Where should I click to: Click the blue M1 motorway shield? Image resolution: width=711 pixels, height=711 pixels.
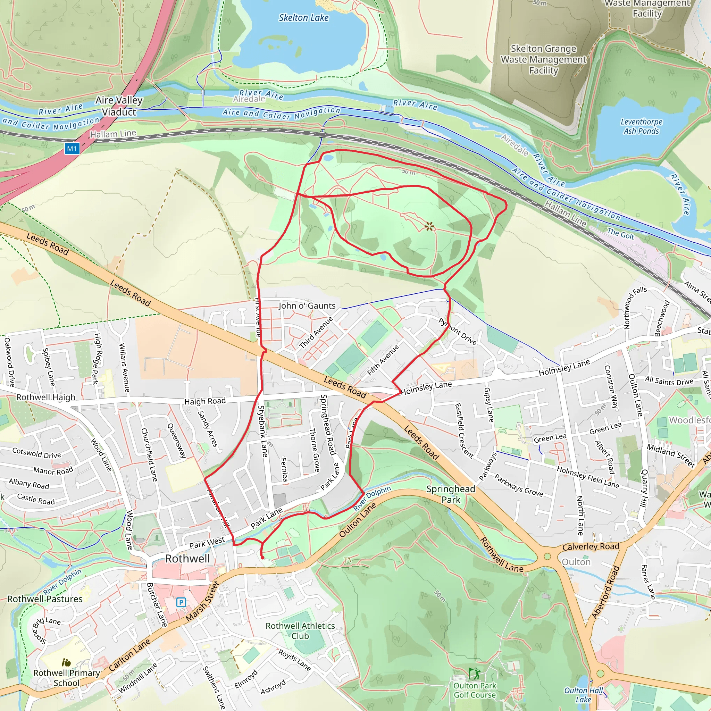tap(72, 149)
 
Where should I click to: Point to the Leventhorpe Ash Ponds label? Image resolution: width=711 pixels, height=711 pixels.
tap(641, 126)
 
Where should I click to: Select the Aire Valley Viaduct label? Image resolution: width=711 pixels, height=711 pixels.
tap(119, 106)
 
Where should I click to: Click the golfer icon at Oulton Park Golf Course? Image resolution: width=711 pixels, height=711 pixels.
tap(474, 674)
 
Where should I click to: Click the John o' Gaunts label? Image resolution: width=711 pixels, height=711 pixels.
tap(307, 306)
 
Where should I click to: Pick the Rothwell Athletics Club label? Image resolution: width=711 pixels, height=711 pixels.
tap(300, 631)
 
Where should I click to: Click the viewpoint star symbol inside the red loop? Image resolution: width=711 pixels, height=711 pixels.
tap(429, 226)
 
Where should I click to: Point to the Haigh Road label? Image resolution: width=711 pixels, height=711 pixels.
tap(205, 401)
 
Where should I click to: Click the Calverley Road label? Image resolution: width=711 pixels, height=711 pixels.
tap(591, 547)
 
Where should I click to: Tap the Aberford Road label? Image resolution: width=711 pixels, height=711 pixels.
tap(605, 592)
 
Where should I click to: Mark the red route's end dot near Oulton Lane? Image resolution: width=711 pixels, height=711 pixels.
tap(262, 558)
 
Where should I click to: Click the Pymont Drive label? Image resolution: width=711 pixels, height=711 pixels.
tap(458, 332)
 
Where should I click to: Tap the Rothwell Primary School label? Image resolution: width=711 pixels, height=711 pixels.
tap(67, 678)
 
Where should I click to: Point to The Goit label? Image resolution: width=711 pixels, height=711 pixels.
tap(620, 234)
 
